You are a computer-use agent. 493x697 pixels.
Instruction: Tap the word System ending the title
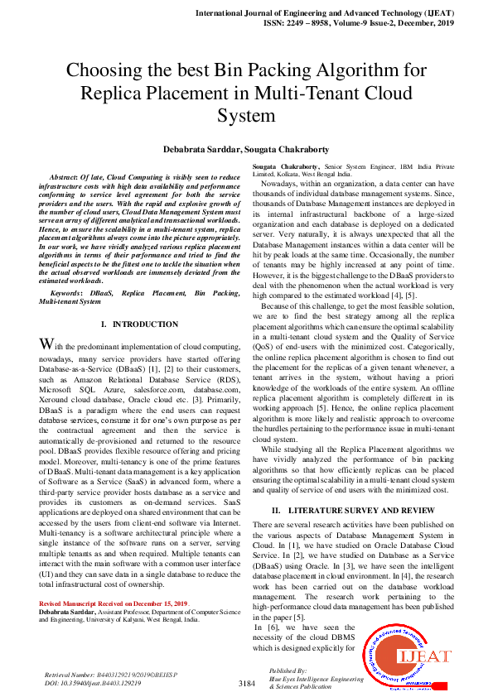(246, 115)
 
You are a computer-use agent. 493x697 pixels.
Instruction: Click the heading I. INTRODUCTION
(138, 324)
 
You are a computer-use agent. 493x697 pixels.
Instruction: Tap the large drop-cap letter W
(47, 344)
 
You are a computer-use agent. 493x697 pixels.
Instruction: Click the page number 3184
(246, 684)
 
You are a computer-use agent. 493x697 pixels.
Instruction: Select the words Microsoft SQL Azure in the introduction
(75, 389)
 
